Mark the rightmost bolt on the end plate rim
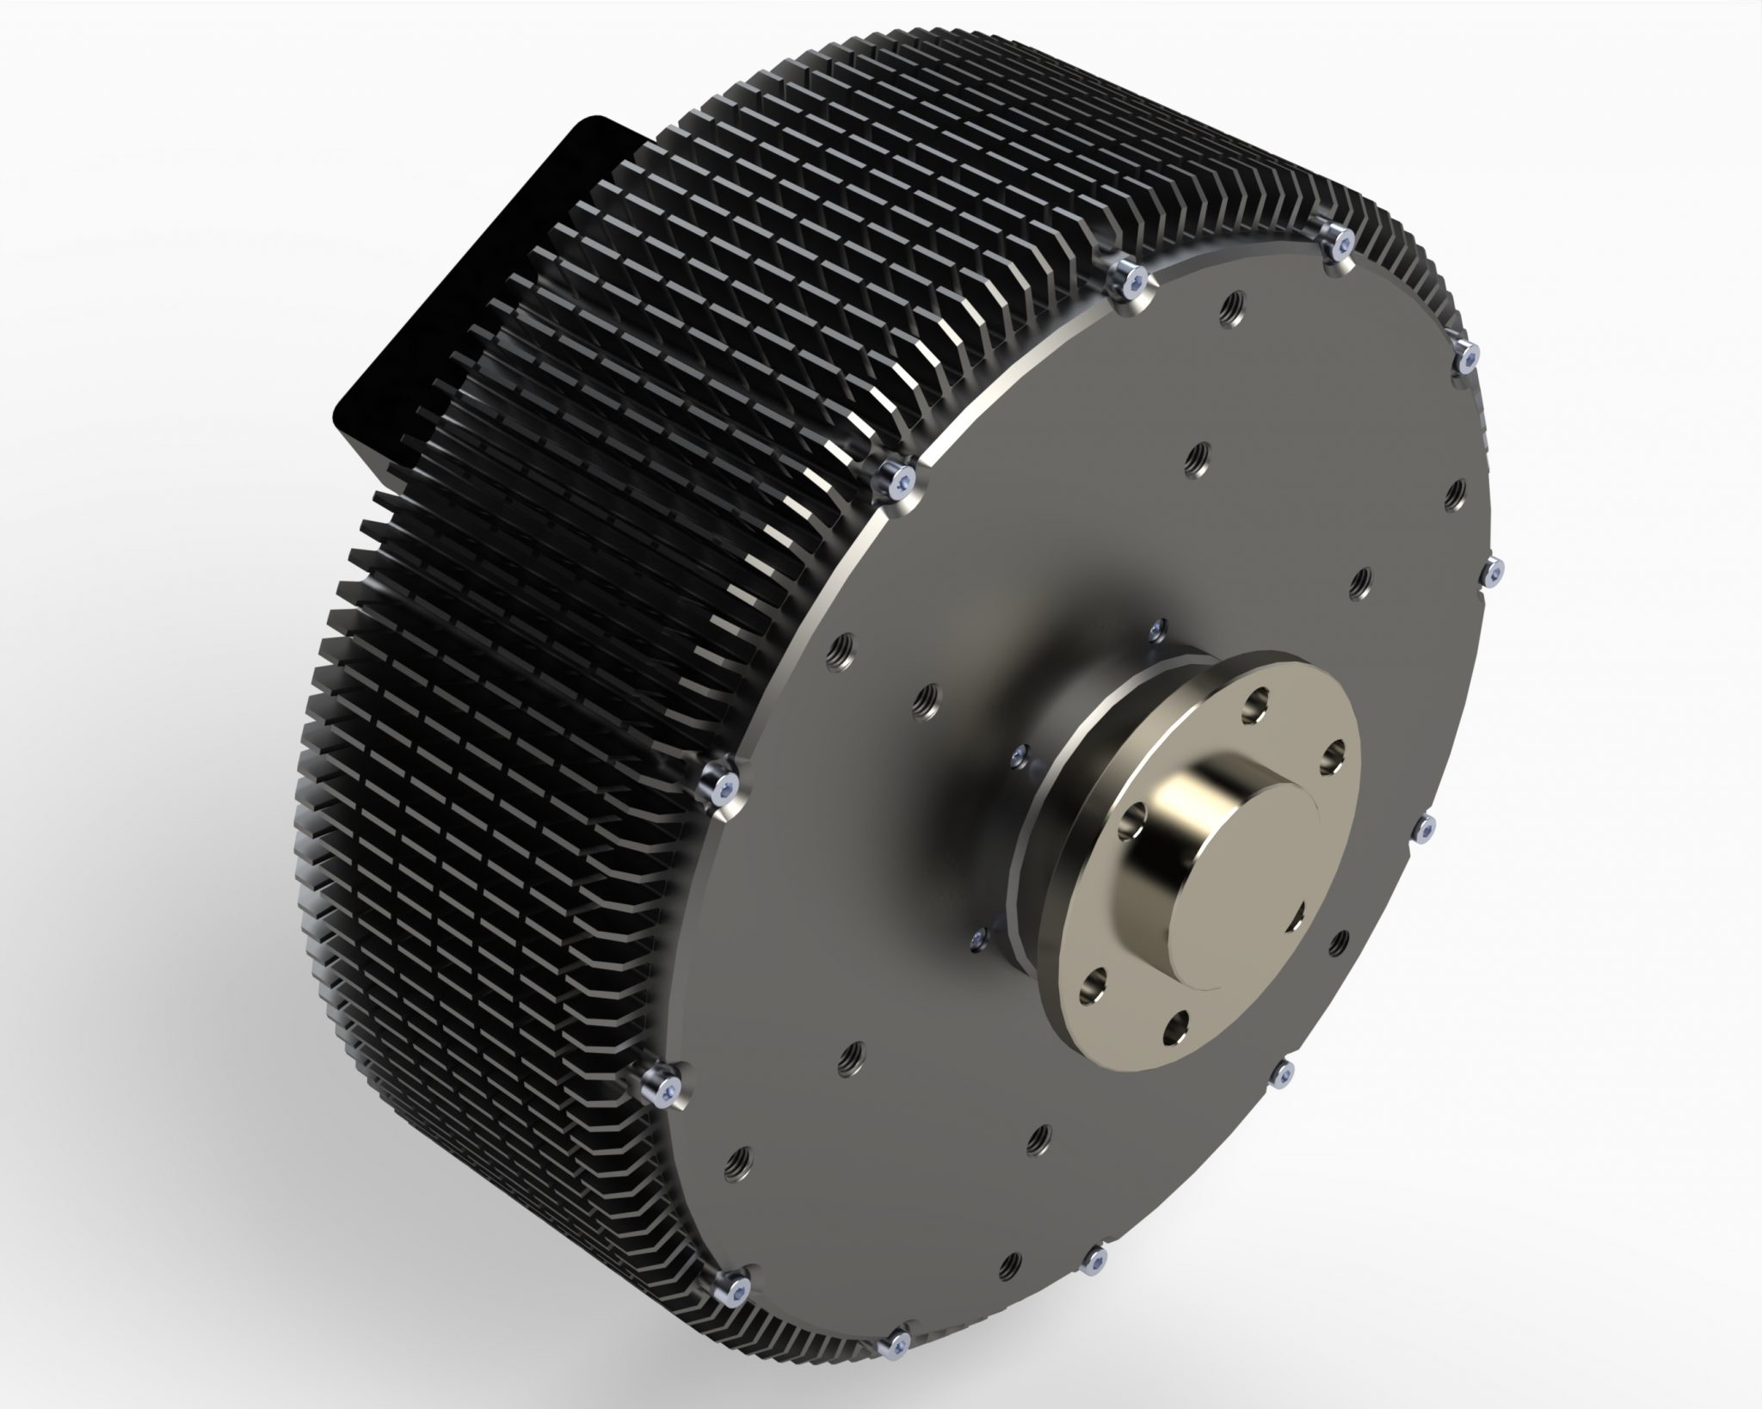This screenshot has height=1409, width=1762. tap(1495, 570)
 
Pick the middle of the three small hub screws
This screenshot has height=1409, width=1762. tap(1020, 754)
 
